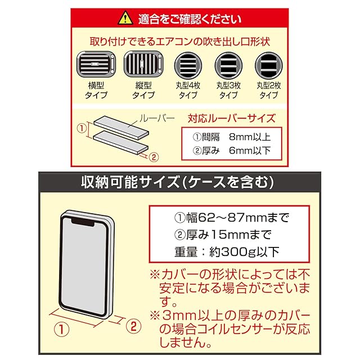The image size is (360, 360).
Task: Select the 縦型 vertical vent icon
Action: tap(143, 66)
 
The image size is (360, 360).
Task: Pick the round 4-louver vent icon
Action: tap(187, 66)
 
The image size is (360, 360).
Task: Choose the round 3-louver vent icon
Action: tap(228, 66)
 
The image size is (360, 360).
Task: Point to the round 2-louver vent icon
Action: tap(268, 66)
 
